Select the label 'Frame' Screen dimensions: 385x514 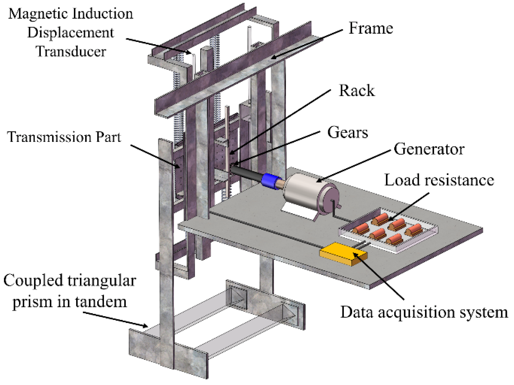click(371, 28)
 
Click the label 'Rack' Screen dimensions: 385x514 click(357, 91)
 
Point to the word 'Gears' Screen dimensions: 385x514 click(347, 133)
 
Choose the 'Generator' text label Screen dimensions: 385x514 click(429, 149)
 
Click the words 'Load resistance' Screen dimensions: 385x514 click(439, 180)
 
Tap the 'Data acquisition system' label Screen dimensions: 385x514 click(424, 312)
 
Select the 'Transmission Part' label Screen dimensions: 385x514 click(64, 137)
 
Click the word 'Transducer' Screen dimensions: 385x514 click(71, 52)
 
